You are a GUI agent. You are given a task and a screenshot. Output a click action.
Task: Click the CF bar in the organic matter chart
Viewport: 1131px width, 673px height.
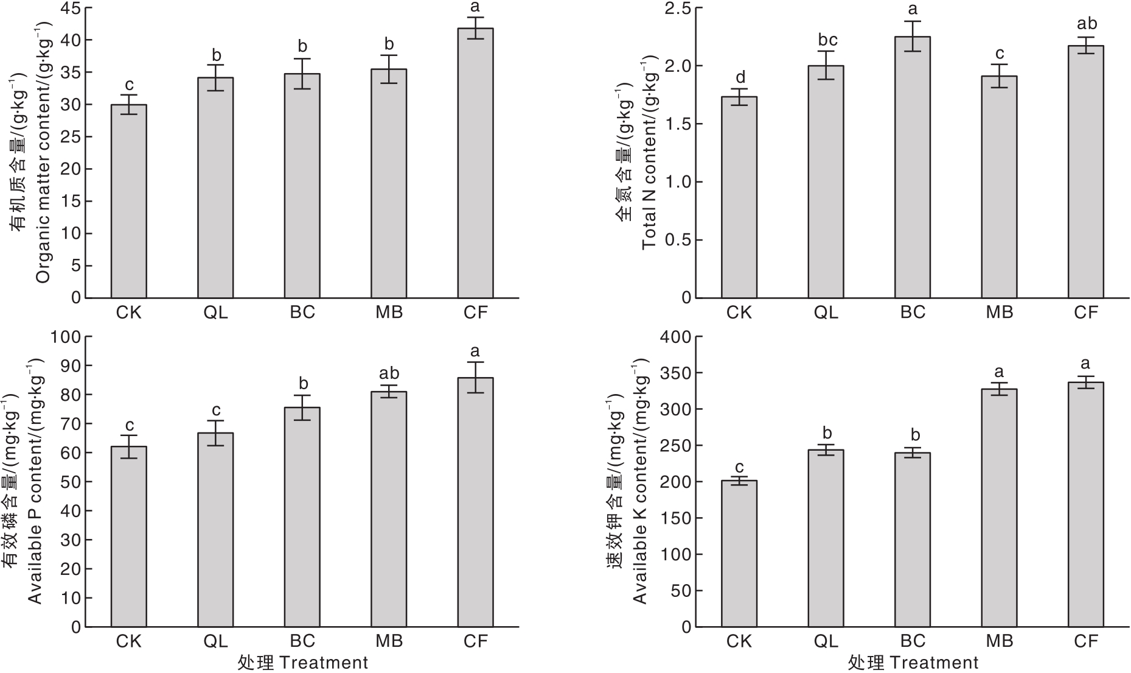475,163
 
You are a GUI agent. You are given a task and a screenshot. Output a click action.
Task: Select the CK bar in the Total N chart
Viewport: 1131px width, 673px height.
739,197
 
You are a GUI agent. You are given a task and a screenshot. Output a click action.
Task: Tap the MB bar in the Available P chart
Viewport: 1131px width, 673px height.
389,509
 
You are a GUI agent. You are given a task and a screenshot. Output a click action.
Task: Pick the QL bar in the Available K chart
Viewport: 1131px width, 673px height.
826,538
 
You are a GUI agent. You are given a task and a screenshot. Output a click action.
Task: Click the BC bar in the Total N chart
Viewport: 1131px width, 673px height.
913,167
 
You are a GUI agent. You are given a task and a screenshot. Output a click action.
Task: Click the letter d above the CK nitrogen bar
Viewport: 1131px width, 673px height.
740,77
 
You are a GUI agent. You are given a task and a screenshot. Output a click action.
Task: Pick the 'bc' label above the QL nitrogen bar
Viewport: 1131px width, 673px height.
826,40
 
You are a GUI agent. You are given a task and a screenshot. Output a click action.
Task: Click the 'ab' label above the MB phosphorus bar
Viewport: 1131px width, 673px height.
389,373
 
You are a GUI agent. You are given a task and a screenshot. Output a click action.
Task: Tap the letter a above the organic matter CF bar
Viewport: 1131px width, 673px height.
476,7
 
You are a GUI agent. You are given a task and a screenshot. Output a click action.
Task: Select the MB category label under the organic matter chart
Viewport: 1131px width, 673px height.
389,312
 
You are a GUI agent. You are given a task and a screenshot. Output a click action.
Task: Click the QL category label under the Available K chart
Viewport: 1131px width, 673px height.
826,641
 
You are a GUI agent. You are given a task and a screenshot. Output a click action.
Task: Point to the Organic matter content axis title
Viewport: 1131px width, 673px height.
44,152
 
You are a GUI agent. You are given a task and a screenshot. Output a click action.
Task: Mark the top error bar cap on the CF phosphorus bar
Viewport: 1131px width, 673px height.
475,362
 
